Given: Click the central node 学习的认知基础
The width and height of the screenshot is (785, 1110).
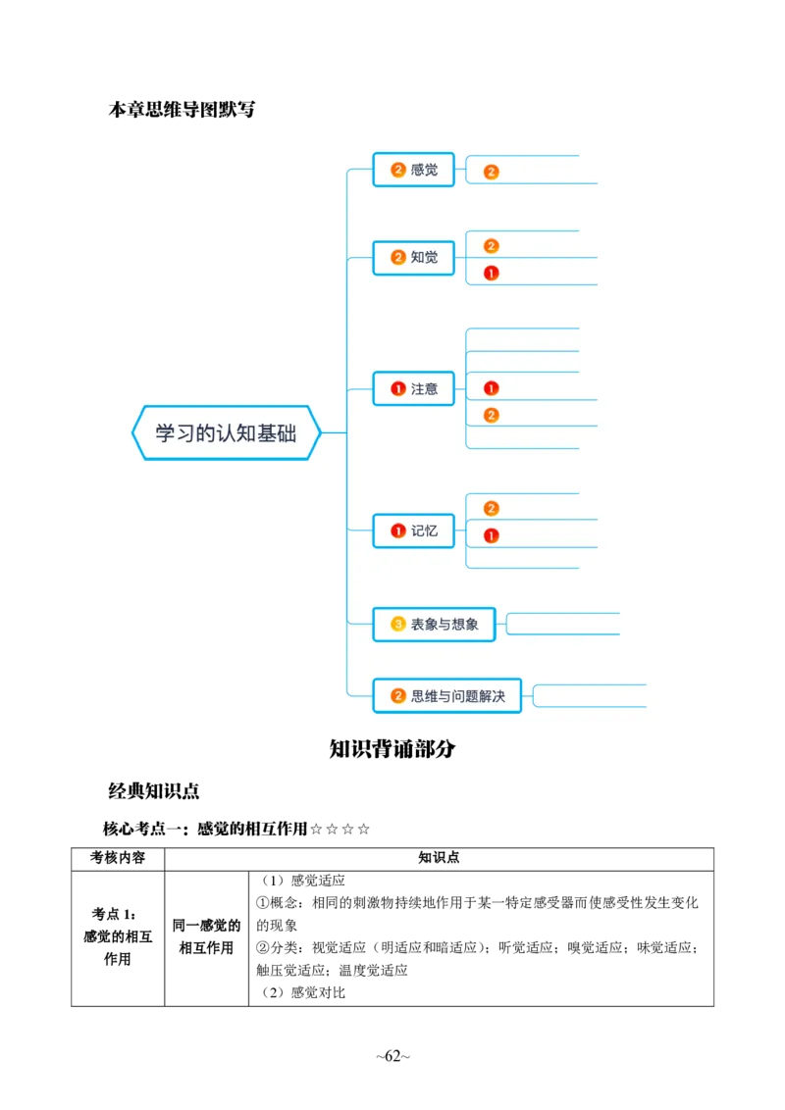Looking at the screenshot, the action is tap(227, 432).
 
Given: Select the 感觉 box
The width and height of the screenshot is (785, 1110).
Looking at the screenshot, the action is tap(414, 170).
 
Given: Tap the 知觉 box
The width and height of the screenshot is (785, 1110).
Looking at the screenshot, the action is tap(414, 258).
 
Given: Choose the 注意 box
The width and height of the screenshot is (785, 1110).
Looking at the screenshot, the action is tap(414, 389).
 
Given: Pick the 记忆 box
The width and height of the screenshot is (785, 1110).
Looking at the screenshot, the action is tap(414, 531).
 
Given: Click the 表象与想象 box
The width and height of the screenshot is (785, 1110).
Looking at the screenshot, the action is tap(434, 624).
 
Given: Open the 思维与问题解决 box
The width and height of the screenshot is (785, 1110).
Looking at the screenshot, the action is tap(447, 696).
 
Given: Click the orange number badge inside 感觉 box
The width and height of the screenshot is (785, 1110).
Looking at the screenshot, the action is tap(397, 170).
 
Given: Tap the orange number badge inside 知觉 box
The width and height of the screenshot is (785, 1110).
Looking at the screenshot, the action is tap(397, 258).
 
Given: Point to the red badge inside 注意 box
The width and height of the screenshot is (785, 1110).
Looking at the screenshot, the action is tap(397, 389).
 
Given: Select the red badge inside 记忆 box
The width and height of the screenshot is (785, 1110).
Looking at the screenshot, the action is tap(397, 531).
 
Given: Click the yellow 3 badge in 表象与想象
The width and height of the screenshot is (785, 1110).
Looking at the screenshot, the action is tap(397, 624).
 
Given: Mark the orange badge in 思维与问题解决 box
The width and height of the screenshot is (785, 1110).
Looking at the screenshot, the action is tap(397, 696).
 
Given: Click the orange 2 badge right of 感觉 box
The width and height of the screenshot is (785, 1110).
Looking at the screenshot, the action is tap(492, 172).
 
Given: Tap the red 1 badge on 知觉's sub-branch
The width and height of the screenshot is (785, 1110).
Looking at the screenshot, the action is tap(492, 273).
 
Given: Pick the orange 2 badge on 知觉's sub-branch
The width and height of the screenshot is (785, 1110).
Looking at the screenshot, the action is tap(492, 246).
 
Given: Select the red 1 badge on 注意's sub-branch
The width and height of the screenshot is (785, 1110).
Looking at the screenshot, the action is tap(492, 388).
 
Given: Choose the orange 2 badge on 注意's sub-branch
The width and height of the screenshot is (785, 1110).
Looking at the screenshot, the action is tap(492, 415).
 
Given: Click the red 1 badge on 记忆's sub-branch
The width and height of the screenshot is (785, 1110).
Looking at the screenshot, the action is tap(492, 535).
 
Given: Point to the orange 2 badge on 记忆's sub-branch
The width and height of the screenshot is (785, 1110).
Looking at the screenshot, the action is tap(492, 508).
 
